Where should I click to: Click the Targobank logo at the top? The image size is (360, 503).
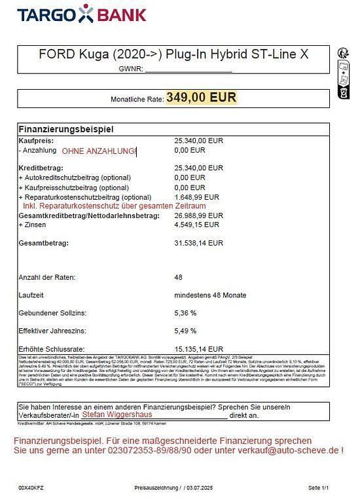[82, 14]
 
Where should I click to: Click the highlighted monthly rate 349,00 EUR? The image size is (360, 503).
[201, 98]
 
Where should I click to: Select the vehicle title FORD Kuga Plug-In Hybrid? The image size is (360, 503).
[173, 55]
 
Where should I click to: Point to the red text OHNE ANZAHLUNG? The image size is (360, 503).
[99, 151]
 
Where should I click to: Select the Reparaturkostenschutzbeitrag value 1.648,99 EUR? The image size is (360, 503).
[197, 196]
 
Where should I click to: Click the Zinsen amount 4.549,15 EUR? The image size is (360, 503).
[196, 224]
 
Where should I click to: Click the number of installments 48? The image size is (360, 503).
[178, 278]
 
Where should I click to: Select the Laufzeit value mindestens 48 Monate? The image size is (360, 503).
[210, 295]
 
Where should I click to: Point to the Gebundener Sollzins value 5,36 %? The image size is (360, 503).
[187, 313]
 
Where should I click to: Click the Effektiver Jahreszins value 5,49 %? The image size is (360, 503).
[187, 331]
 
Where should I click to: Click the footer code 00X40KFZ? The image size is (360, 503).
[32, 489]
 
